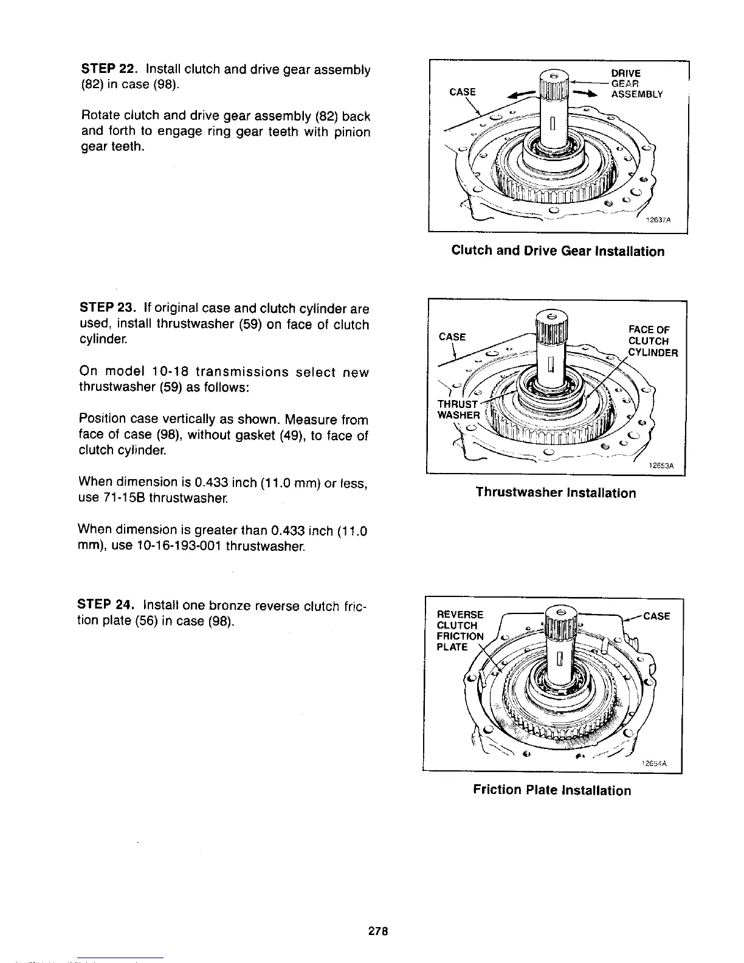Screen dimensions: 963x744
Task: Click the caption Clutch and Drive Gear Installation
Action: [x=557, y=251]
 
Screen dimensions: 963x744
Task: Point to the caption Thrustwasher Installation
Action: [x=556, y=492]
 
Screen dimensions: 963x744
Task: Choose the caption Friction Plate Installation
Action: [x=552, y=790]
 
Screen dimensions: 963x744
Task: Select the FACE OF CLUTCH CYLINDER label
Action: [x=651, y=341]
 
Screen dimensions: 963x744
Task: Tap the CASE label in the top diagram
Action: [x=462, y=92]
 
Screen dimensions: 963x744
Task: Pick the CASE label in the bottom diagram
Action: [x=656, y=616]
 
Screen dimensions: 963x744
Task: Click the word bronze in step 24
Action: [x=230, y=606]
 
